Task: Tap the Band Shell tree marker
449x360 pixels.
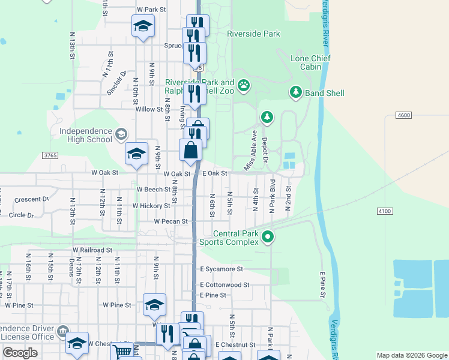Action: point(295,92)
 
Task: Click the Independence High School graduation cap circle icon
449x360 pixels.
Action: point(122,134)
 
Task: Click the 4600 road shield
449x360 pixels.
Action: point(404,115)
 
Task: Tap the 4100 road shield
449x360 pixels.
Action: point(385,211)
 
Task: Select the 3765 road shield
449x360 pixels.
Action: point(50,155)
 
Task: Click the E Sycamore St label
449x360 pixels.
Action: point(221,269)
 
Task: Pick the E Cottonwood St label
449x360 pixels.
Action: point(224,284)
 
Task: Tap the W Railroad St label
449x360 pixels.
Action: point(92,250)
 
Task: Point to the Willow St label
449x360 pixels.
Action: point(149,109)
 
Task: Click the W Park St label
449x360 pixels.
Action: point(151,10)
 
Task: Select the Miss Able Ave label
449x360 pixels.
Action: point(250,150)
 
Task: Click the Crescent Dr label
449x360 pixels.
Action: point(32,199)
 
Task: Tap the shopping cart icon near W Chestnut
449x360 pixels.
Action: point(122,351)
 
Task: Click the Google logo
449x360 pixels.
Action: point(20,353)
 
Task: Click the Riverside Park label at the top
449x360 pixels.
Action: point(253,34)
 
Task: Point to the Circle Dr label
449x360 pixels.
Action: point(22,215)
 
